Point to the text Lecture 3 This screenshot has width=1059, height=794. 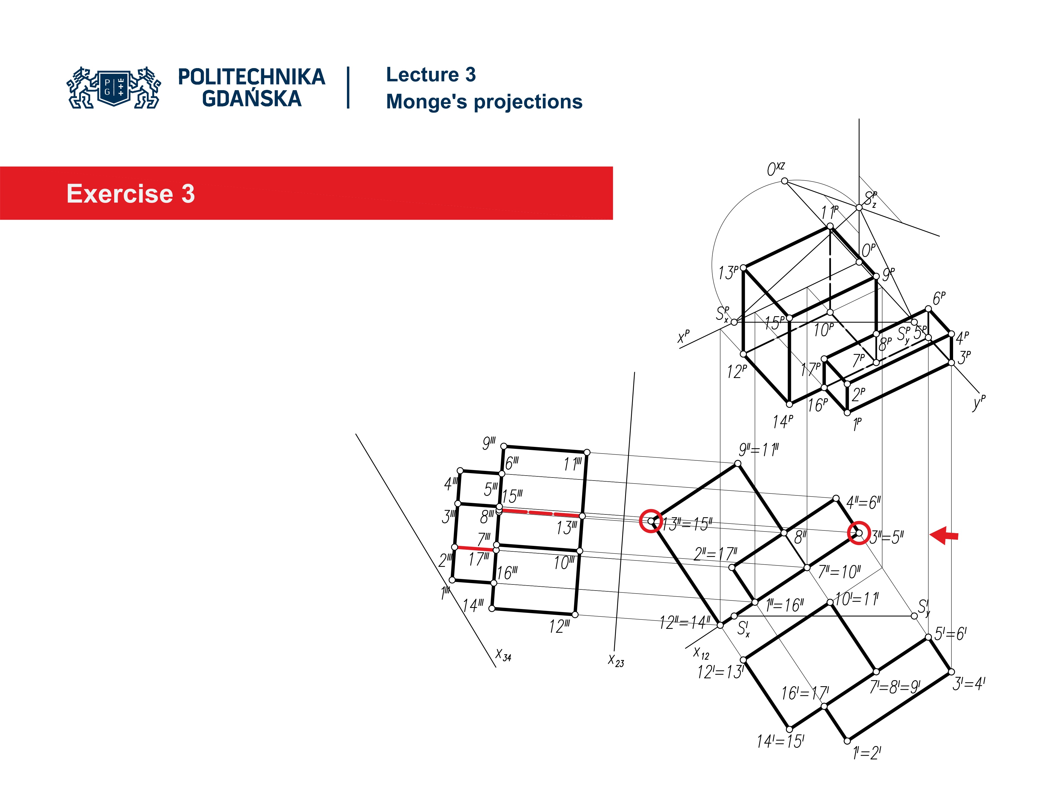click(431, 75)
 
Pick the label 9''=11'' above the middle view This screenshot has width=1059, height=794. click(759, 450)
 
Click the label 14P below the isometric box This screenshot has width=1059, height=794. click(783, 422)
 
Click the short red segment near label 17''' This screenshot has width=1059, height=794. click(475, 548)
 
